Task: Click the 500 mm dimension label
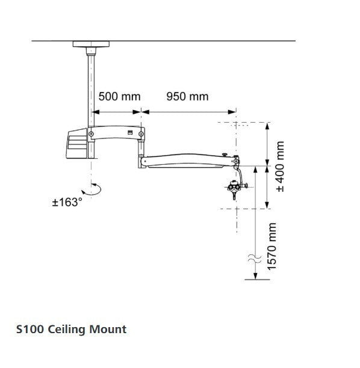tap(119, 96)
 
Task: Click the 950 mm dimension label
tap(187, 96)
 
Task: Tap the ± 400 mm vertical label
tap(280, 167)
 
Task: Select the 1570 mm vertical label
tap(272, 247)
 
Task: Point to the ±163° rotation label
tap(67, 202)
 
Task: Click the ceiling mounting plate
tap(91, 44)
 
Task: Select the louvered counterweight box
tap(77, 143)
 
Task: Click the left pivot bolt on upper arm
tap(91, 134)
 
